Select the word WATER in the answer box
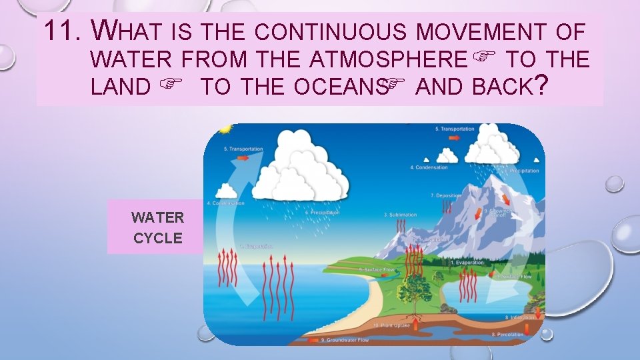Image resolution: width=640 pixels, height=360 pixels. (x=158, y=217)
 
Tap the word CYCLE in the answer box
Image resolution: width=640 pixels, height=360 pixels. (x=158, y=238)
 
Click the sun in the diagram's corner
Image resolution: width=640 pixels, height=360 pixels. (x=225, y=129)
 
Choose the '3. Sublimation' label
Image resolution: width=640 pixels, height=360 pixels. (x=400, y=215)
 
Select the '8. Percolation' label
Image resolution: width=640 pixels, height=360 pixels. (x=507, y=334)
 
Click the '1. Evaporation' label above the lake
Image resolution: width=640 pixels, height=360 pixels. (x=467, y=263)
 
